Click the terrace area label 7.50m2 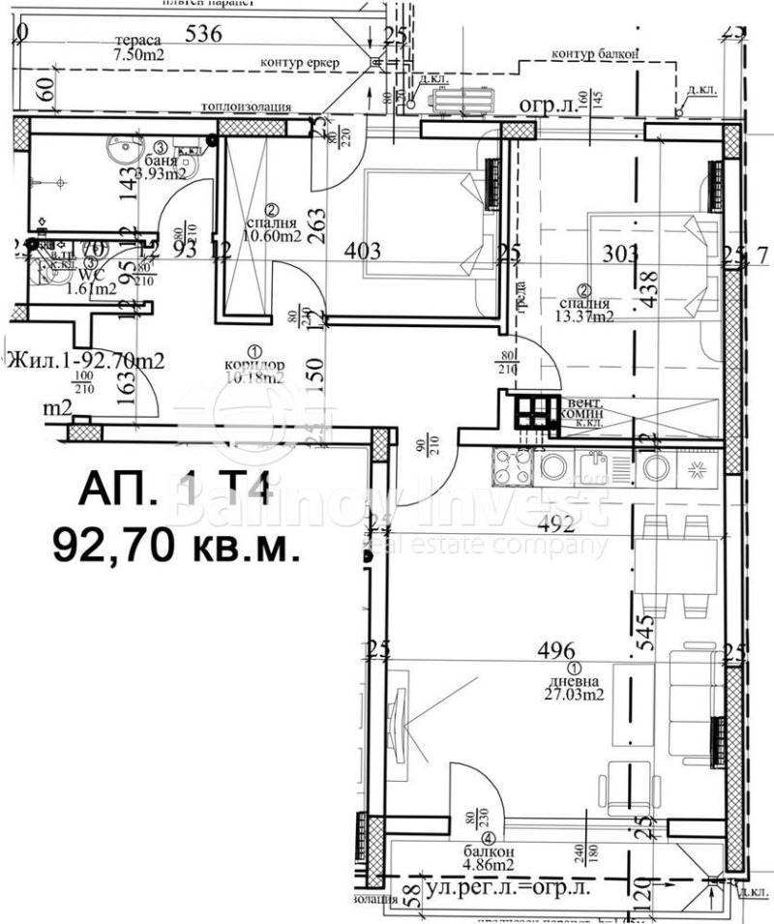coord(136,56)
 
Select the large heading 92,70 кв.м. coord(175,547)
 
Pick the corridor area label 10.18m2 coord(254,378)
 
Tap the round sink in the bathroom coord(121,153)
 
